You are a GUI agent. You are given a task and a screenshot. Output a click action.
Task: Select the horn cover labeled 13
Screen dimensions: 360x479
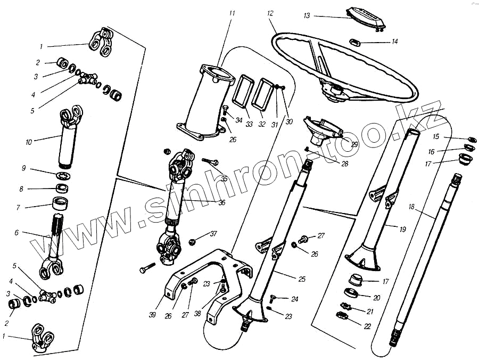click(365, 17)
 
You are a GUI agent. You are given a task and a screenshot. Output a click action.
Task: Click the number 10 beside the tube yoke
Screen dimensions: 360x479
click(28, 142)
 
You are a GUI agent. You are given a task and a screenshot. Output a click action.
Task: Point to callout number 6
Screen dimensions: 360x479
click(16, 232)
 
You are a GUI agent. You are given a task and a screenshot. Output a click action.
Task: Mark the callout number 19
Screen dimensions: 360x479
click(402, 230)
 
